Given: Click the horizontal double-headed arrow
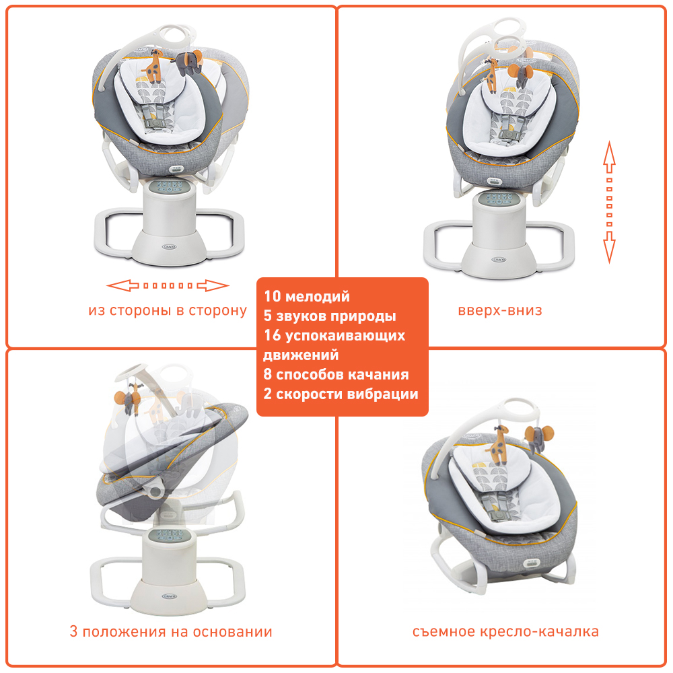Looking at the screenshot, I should coord(168,286).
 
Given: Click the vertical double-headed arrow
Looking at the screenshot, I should coord(609,202).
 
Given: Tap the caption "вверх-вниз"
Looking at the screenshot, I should coord(500,311).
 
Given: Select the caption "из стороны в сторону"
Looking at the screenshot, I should coord(168,311).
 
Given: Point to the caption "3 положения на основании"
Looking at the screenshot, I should coord(171,632).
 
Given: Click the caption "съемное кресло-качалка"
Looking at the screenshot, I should coord(505,632).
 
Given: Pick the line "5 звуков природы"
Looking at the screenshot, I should coord(330,316).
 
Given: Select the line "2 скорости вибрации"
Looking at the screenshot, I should coord(341,394).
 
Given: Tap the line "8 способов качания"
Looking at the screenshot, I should coord(336,375).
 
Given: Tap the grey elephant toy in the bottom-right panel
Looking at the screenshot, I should coord(536,437).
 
